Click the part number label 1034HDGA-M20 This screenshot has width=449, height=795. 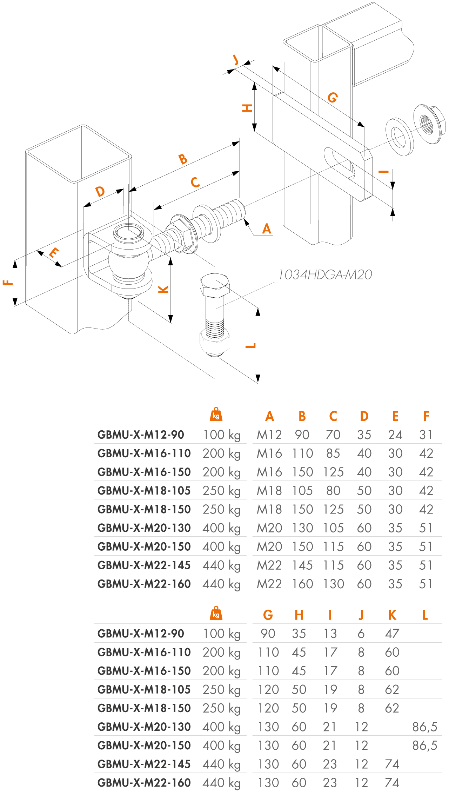[x=325, y=275]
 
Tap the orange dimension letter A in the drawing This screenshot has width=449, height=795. [x=267, y=229]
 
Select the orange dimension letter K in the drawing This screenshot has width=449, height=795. [x=163, y=289]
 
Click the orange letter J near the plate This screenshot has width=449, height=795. [x=236, y=60]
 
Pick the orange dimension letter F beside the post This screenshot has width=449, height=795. [x=8, y=283]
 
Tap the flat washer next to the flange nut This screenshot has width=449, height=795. [x=400, y=137]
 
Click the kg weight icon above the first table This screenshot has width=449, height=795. [x=216, y=415]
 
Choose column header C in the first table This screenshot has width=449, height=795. [x=333, y=416]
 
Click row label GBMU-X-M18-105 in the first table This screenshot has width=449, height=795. [x=144, y=491]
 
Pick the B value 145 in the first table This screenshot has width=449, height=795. [x=302, y=565]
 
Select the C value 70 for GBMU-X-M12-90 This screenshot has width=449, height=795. [x=333, y=435]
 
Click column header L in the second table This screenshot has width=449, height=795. [x=425, y=615]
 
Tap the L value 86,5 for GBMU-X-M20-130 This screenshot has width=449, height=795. [x=425, y=727]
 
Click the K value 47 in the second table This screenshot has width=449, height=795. [x=392, y=634]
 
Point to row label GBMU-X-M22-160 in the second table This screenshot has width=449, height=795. [x=144, y=783]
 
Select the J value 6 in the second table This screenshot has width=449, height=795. [x=361, y=634]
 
